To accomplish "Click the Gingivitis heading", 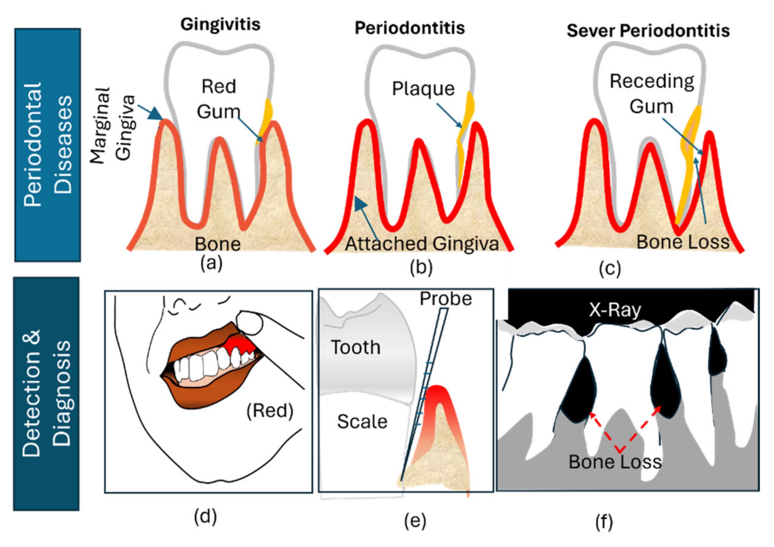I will tap(220, 25).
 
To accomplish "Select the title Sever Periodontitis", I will tap(648, 31).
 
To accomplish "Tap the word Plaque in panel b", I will tap(423, 89).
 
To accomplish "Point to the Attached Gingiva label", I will tap(422, 244).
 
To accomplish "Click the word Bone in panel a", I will tap(218, 244).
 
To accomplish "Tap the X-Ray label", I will tap(615, 310).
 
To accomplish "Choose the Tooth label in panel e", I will tap(356, 347).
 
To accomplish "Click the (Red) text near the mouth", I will tap(270, 411).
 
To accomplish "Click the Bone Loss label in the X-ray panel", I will tap(615, 462).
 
